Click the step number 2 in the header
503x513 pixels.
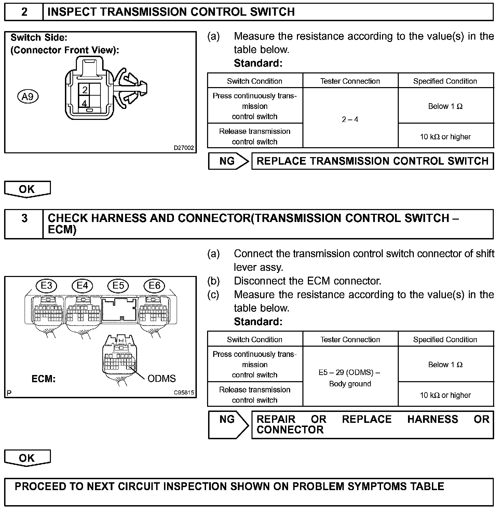click(24, 12)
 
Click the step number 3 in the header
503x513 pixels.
click(24, 218)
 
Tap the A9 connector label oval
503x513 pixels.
click(28, 97)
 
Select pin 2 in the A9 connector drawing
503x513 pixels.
click(85, 90)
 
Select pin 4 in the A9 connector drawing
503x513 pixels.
click(84, 102)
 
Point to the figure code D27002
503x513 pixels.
click(184, 148)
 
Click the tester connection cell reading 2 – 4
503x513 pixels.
click(350, 120)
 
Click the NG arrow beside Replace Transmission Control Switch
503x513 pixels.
click(228, 161)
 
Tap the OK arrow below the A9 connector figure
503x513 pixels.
click(27, 189)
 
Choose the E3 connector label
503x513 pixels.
click(46, 286)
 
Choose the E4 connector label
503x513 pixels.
click(82, 286)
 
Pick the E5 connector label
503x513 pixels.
click(118, 286)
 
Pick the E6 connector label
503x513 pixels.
click(154, 286)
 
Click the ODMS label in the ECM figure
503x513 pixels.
click(162, 378)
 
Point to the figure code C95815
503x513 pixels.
click(184, 393)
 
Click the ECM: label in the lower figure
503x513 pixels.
click(43, 379)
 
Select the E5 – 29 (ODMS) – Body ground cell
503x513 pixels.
click(350, 378)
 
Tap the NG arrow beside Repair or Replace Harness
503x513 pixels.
click(228, 425)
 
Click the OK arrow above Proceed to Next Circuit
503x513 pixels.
click(27, 458)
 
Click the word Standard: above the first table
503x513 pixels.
click(258, 63)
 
